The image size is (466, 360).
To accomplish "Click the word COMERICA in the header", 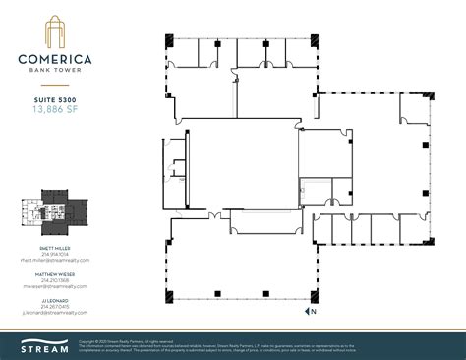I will coord(56,57).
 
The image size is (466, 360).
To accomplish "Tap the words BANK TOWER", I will coord(56,69).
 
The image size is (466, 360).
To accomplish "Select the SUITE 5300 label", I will coord(56,99).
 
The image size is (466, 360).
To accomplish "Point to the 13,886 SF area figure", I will coord(56,110).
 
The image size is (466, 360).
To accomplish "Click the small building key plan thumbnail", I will coord(56,210).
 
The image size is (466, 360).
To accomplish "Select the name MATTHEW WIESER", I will coord(56,273).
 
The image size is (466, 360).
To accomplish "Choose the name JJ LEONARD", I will coord(56,299).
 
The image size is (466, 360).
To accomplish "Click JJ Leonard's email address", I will coord(56,312).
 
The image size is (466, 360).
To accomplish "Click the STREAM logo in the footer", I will coord(40,345).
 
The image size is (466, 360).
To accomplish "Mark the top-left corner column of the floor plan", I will coord(168,40).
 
